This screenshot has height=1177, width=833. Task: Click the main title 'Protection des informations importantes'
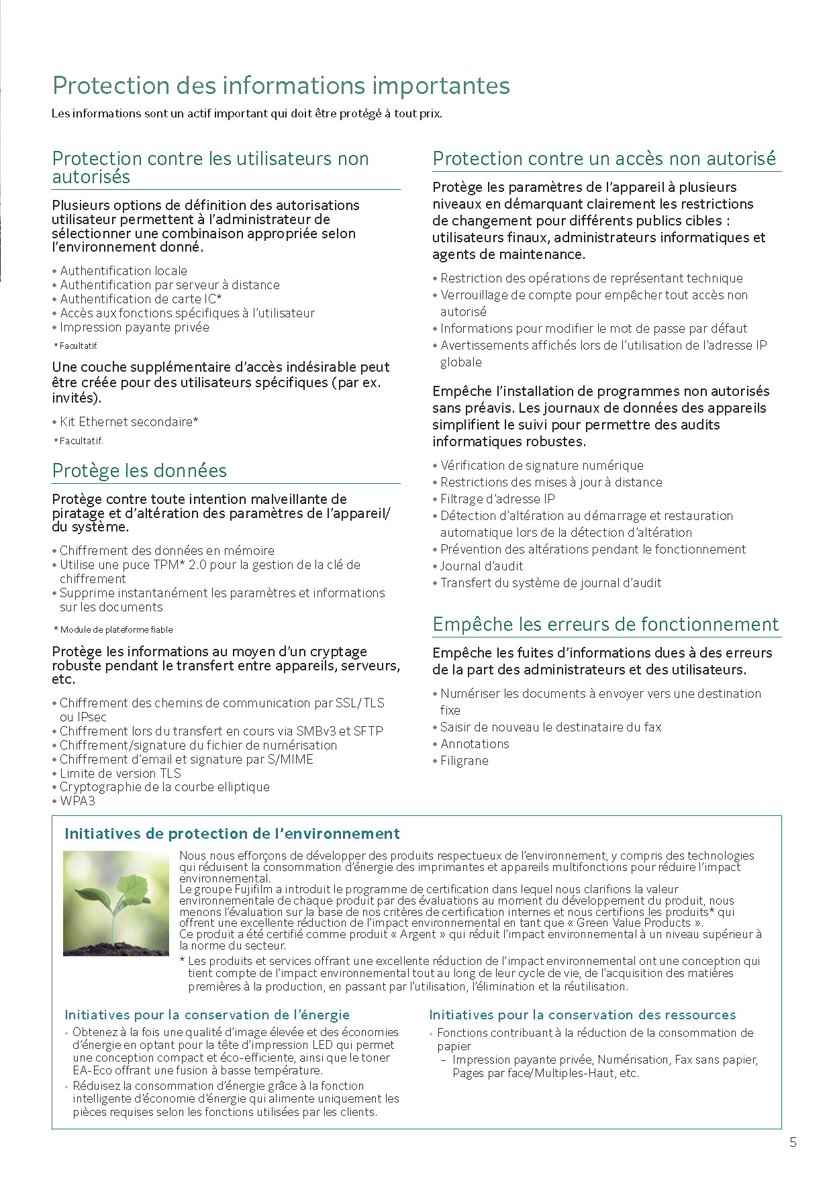coord(281,86)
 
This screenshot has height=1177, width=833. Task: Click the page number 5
coord(793,1142)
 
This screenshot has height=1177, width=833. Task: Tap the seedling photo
coord(116,903)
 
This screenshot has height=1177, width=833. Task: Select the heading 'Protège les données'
coord(140,470)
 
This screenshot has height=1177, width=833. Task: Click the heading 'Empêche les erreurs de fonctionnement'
coord(605,624)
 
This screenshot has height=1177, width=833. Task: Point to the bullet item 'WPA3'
coord(77,801)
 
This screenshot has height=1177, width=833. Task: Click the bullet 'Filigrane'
coord(464,760)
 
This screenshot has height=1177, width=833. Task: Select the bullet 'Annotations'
coord(475,744)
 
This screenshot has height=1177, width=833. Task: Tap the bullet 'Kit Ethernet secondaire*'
coord(129,421)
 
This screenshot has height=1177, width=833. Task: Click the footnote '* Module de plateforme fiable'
coord(113,629)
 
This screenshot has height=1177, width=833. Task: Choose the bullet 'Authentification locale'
coord(124,270)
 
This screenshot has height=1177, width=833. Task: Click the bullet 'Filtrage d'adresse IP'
coord(497,499)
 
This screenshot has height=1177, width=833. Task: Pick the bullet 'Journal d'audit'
coord(481,566)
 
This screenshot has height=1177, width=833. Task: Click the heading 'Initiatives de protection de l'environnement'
coord(232,833)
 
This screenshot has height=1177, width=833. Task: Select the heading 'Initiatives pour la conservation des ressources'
coord(583,1015)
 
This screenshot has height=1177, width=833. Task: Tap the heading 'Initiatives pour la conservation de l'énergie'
coord(207,1015)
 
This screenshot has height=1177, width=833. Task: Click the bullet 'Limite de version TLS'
coord(120,773)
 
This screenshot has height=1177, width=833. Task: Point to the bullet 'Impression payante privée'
coord(134,327)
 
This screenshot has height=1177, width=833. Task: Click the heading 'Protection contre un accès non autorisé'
coord(604,158)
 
